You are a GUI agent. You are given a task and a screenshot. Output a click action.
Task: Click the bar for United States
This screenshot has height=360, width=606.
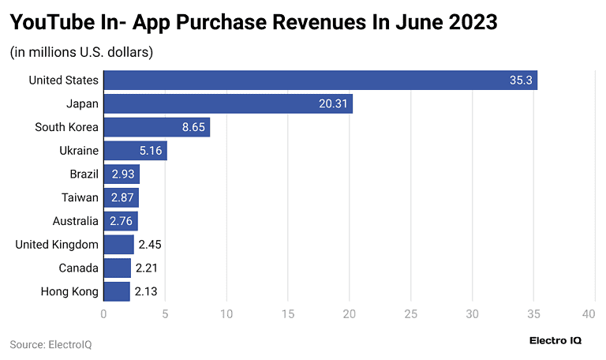coord(320,80)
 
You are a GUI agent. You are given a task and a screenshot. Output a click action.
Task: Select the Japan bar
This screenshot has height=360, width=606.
coord(228,103)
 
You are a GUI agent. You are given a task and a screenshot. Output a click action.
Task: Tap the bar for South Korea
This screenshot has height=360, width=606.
coord(157,127)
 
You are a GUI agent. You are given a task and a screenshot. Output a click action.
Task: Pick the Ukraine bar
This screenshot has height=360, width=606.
coord(135,150)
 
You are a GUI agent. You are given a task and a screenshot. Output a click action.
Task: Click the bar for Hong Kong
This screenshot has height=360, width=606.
coord(117,291)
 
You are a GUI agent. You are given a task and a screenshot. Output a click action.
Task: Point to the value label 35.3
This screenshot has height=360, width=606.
coord(521,80)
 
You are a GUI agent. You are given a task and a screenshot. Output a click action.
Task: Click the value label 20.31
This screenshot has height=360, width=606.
coord(335,103)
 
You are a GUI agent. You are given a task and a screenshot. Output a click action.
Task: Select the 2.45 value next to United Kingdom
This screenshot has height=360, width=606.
coord(150,245)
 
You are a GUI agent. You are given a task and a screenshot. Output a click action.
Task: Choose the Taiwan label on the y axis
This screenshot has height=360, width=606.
coord(80,197)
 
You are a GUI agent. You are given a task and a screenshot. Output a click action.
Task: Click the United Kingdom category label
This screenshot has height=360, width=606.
coord(57,245)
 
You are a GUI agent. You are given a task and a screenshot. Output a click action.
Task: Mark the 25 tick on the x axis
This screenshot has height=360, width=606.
coord(410,313)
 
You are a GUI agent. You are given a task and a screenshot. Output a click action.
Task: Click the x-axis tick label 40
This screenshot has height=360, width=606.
coord(588,313)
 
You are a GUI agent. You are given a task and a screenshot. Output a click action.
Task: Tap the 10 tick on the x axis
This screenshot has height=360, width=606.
coord(226,313)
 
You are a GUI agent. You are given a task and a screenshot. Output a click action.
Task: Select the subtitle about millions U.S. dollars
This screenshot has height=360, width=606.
coord(81,53)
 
